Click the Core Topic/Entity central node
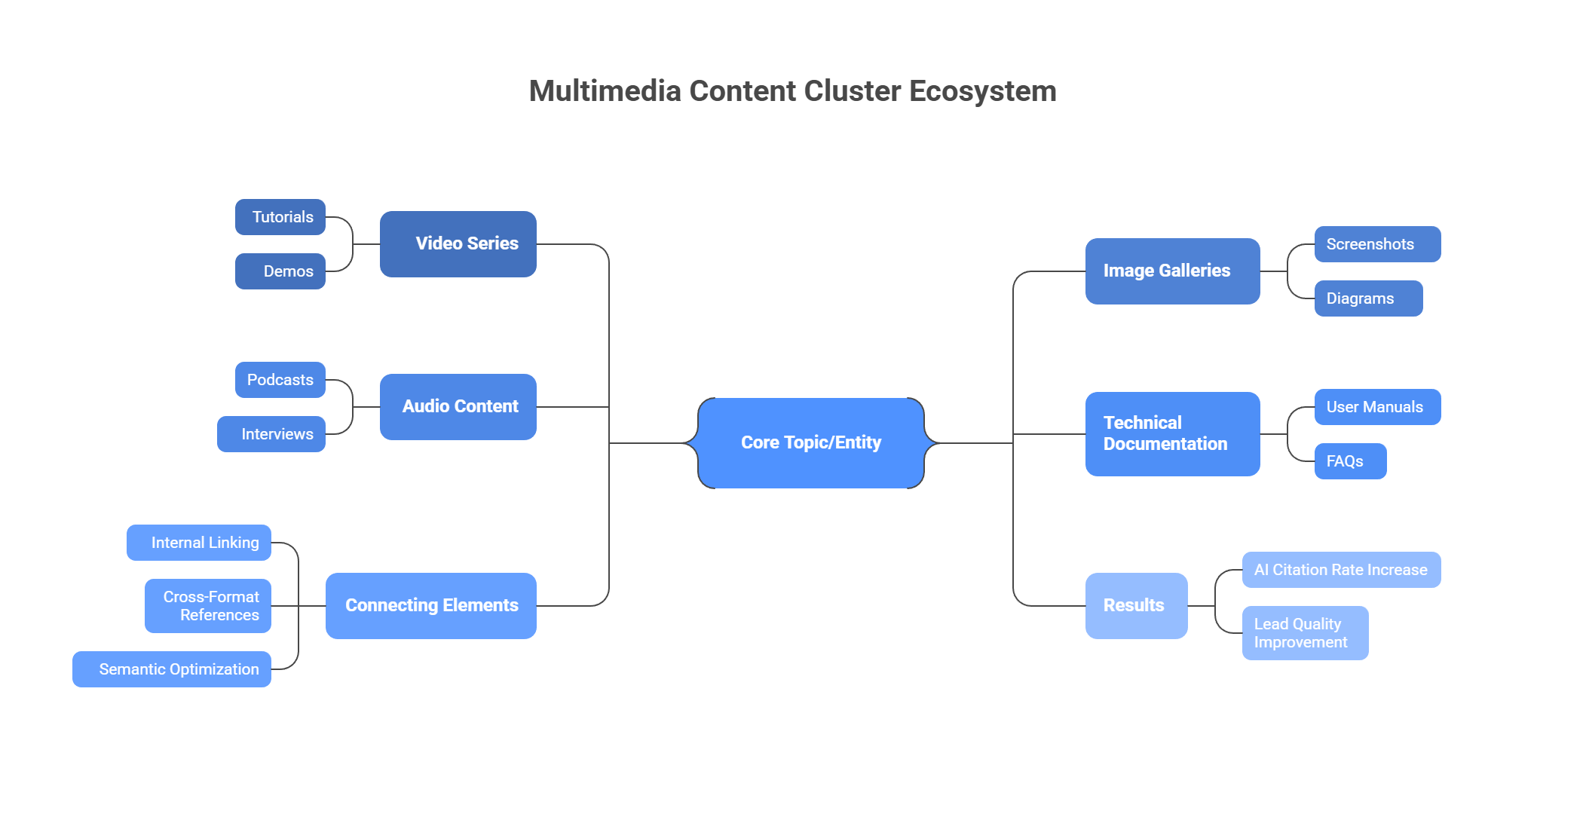tap(810, 443)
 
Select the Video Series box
tap(458, 244)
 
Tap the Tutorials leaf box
tap(280, 217)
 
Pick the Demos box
tap(280, 271)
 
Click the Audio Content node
tap(458, 407)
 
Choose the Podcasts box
tap(280, 380)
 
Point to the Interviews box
tap(271, 434)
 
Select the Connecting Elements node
tap(431, 606)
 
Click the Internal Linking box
tap(199, 543)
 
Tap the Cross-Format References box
tap(208, 606)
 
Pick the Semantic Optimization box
tap(172, 669)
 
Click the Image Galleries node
tap(1172, 271)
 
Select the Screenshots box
tap(1377, 244)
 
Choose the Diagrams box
tap(1368, 298)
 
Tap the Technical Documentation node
tap(1172, 434)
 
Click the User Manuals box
tap(1377, 407)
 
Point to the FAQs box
tap(1350, 461)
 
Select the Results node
tap(1136, 606)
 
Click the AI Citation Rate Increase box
tap(1341, 570)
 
